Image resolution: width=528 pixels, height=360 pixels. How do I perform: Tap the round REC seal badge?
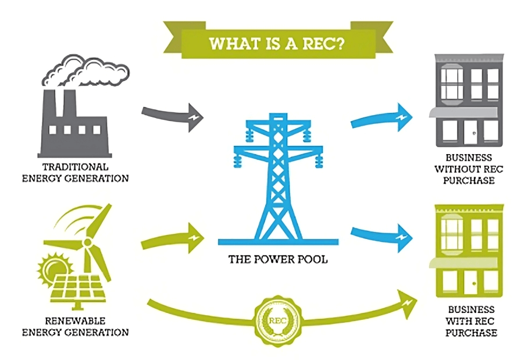[277, 319]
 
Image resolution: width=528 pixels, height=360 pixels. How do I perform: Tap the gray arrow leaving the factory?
[169, 112]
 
